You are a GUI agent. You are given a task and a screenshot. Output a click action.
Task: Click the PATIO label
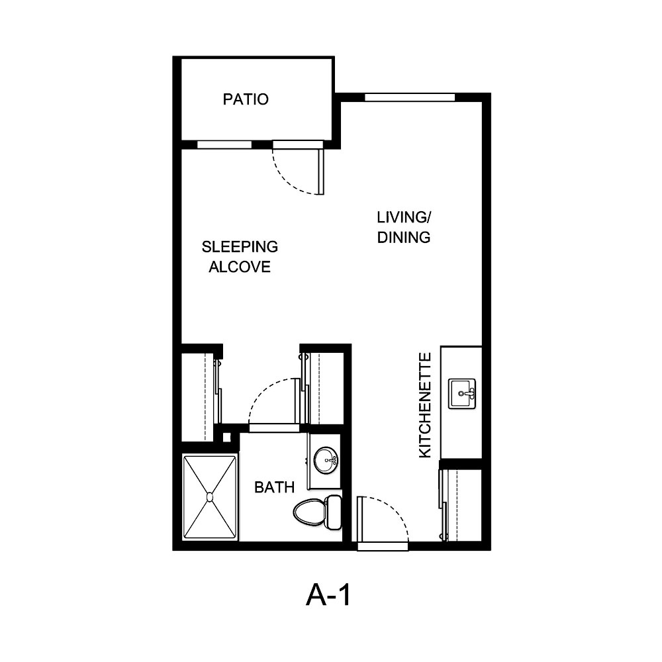coord(246,99)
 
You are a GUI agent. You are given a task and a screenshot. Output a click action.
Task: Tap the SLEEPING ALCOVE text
coord(240,257)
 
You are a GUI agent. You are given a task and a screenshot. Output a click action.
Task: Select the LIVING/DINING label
coord(404,227)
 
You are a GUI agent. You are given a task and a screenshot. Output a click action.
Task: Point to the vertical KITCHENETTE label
coord(425,405)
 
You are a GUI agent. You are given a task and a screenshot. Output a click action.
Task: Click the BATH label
coord(274,488)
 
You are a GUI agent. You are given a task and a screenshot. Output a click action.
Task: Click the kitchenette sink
coord(462,393)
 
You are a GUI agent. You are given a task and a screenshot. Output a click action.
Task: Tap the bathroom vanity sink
coord(326,459)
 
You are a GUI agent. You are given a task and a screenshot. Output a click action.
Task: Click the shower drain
coord(210,496)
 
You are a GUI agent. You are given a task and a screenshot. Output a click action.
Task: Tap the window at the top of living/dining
coord(410,97)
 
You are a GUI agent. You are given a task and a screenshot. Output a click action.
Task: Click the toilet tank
coord(333,512)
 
